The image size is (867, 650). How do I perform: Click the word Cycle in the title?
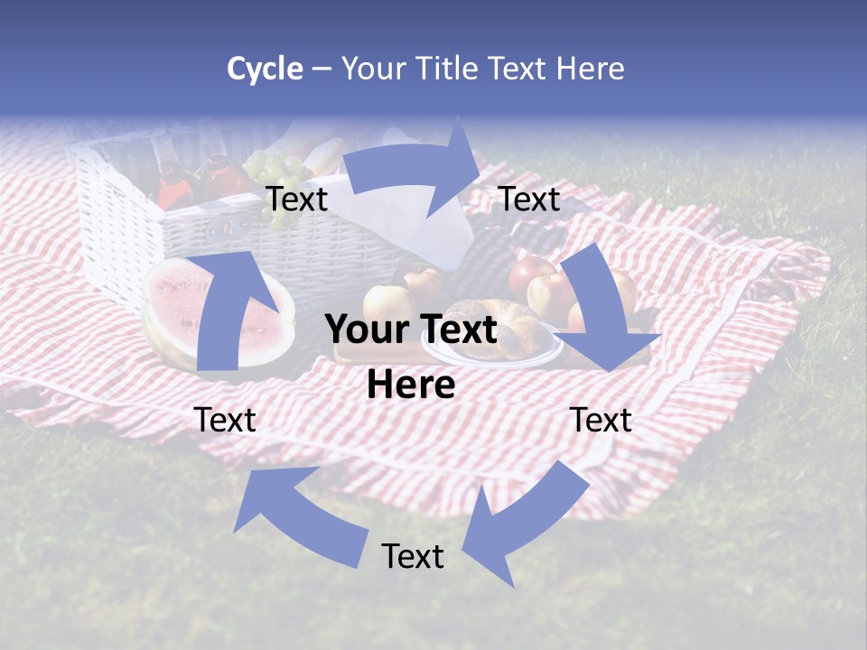[x=265, y=69]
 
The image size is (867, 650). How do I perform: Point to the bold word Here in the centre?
[x=411, y=385]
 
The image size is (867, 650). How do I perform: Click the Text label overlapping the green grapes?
[x=297, y=200]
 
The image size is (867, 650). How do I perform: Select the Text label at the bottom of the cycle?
[x=413, y=556]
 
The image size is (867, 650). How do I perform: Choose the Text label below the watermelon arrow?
[x=225, y=420]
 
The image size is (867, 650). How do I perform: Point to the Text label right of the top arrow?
[x=529, y=200]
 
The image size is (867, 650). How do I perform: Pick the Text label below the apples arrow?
[x=601, y=420]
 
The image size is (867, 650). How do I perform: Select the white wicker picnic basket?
[x=135, y=217]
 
